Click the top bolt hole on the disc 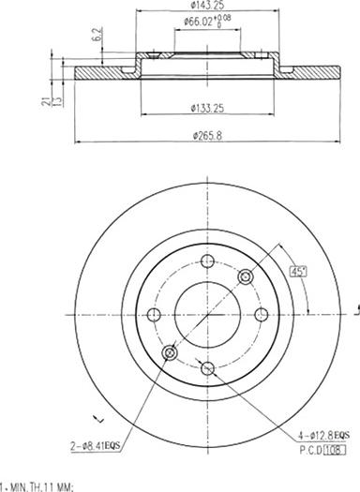pos(207,263)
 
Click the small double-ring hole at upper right pos(246,277)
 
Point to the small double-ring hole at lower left pos(170,352)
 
